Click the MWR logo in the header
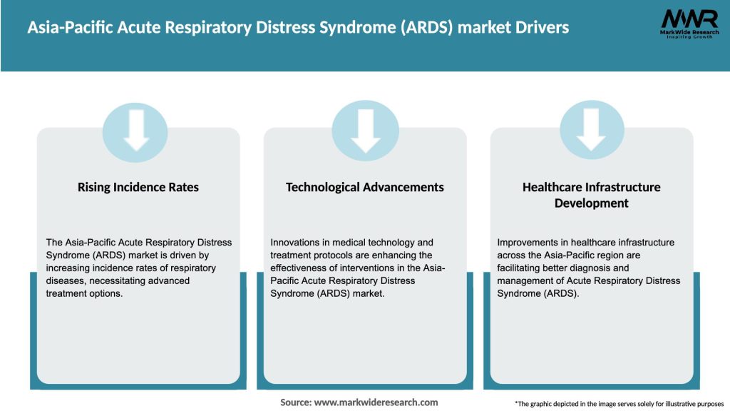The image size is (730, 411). [x=689, y=19]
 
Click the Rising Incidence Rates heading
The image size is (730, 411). [x=138, y=187]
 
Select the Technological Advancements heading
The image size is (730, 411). [x=365, y=187]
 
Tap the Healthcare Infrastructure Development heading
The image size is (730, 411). [x=592, y=195]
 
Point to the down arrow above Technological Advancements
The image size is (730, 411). [x=365, y=130]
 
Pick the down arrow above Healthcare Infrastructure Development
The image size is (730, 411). [x=592, y=130]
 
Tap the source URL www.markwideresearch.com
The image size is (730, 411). [x=376, y=402]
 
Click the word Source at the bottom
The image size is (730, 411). [x=295, y=402]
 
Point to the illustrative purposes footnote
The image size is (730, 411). [x=619, y=404]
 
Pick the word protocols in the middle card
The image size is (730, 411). [x=329, y=255]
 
